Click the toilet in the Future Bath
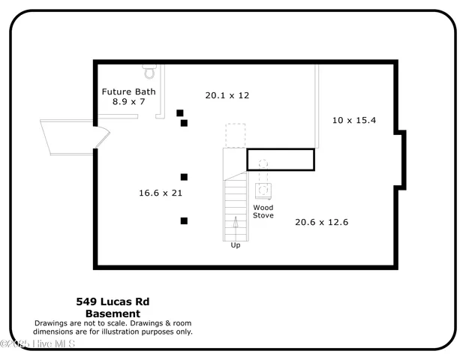point(149,73)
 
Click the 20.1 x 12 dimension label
point(227,95)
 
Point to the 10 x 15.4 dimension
point(354,120)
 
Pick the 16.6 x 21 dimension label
point(161,193)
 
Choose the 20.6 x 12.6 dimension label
point(321,222)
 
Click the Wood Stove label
point(263,211)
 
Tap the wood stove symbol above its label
point(263,189)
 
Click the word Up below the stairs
point(236,245)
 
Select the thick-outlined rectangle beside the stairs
point(280,160)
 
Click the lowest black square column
point(184,220)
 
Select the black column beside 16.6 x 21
point(184,177)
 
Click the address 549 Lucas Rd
point(113,301)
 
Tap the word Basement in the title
point(113,313)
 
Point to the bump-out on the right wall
point(401,160)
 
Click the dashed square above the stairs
point(236,134)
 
